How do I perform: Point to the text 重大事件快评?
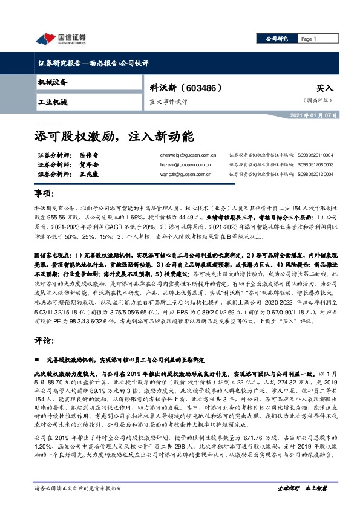pyautogui.click(x=168, y=102)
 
